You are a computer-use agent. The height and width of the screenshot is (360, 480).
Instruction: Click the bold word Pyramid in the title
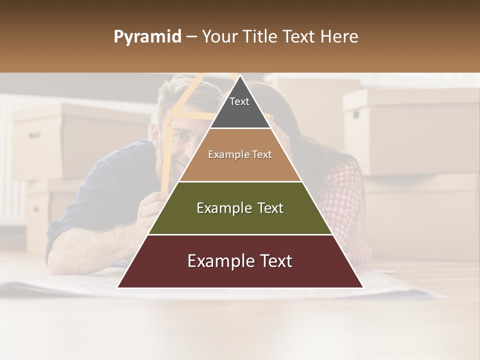[147, 37]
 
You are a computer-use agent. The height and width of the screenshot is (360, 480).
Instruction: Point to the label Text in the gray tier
[239, 101]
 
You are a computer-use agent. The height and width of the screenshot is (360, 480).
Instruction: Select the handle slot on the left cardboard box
[34, 135]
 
